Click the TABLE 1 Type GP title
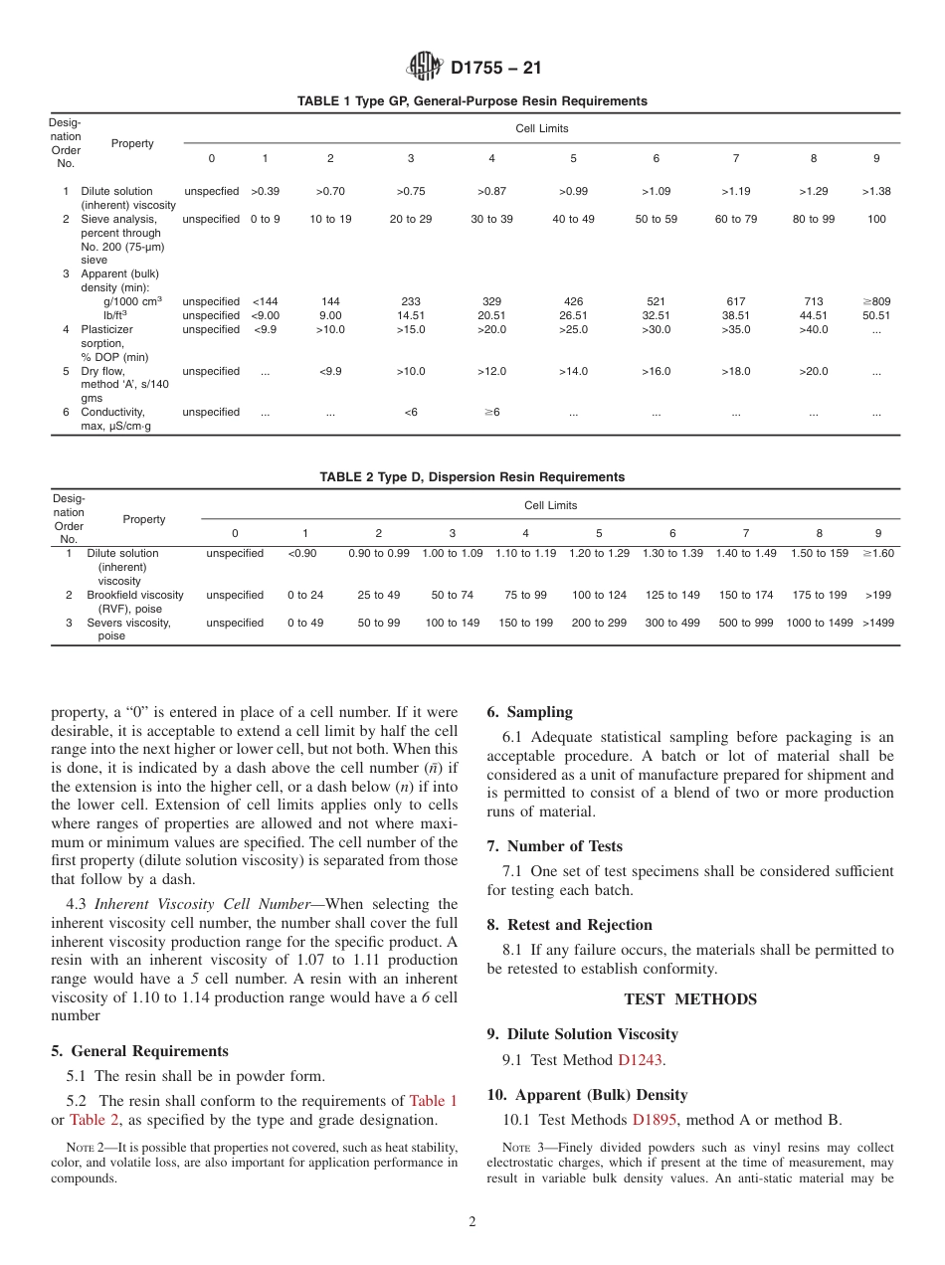pos(472,101)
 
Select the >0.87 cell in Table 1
pos(491,191)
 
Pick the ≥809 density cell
pos(875,301)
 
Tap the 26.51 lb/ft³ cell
pos(573,315)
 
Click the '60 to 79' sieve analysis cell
pos(735,219)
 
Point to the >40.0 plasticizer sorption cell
pos(813,329)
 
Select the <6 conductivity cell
pos(411,412)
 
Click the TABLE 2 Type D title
pos(472,477)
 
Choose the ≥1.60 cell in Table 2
pos(877,553)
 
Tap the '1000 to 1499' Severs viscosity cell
pos(819,623)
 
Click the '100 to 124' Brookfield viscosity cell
pos(599,595)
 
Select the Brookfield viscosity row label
pos(134,602)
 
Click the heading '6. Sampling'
pos(529,712)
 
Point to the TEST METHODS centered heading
pos(689,999)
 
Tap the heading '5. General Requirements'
pos(139,1051)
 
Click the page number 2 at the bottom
pos(472,1222)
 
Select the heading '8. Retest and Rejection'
pos(569,925)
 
